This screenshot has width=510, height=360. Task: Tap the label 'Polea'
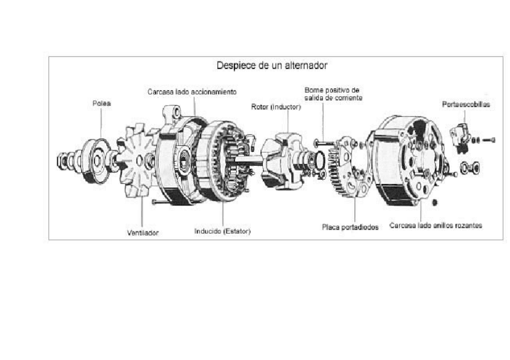[102, 103]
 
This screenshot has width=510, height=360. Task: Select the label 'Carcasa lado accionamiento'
[192, 92]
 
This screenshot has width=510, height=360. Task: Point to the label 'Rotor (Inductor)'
[275, 107]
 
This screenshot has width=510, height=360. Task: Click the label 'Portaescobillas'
[465, 104]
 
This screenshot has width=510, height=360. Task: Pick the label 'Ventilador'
[143, 233]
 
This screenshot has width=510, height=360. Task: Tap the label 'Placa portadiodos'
[350, 227]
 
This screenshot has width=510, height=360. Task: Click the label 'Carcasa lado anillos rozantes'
[435, 226]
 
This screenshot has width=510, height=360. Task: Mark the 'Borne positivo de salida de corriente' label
[333, 93]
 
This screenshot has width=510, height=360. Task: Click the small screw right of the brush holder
[489, 140]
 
